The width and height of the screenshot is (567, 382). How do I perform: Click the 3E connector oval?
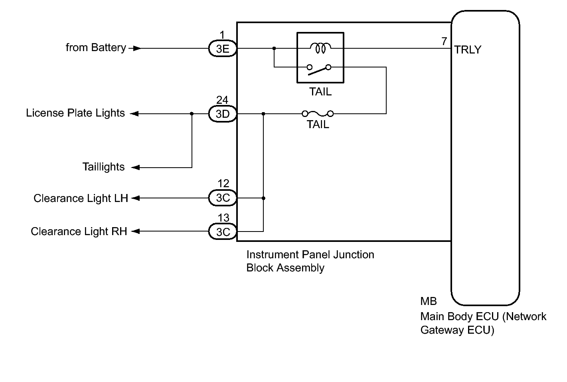point(223,48)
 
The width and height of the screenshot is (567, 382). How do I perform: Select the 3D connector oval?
point(223,114)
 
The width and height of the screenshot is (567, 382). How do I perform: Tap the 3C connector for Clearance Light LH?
point(223,198)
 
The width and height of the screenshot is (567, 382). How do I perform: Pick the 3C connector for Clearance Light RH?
point(223,232)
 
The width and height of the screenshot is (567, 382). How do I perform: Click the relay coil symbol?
point(320,48)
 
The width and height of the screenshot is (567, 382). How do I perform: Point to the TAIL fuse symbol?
point(318,114)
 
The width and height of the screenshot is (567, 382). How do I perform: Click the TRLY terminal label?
point(468,49)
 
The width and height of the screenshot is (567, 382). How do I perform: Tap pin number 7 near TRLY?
point(444,41)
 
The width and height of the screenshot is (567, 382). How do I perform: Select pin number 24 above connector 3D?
point(222,100)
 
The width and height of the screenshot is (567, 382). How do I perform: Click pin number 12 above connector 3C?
point(223,183)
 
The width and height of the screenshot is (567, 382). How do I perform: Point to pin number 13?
point(223,218)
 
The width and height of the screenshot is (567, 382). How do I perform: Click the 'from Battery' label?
point(96,48)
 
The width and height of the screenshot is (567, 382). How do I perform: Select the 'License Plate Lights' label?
point(75,113)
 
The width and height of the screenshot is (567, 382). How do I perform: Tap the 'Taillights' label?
point(103,167)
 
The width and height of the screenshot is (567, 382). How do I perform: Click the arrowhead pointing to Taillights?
point(136,167)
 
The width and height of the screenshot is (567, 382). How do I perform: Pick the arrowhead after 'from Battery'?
point(137,48)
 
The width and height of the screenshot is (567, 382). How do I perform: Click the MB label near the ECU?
point(429,301)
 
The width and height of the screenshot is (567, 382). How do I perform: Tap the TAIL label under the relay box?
point(320,92)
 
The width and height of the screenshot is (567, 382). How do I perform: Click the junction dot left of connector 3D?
point(192,114)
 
